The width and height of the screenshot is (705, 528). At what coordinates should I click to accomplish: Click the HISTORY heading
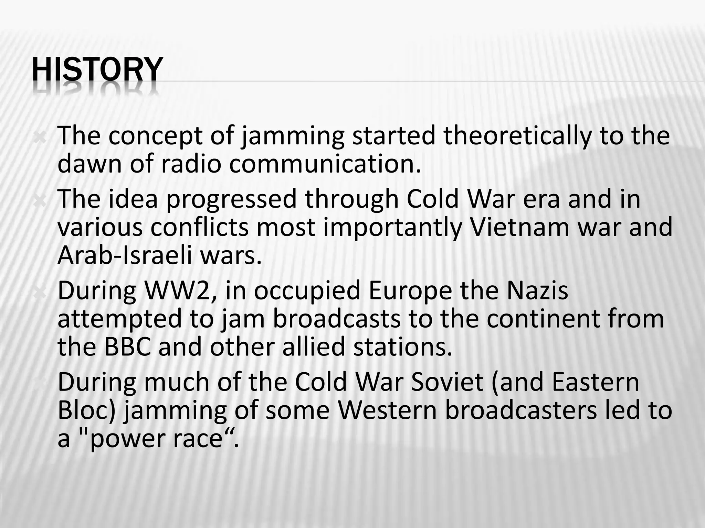(97, 70)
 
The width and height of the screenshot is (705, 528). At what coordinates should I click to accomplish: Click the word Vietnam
(520, 227)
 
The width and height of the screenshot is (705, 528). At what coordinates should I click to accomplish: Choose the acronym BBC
(128, 346)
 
